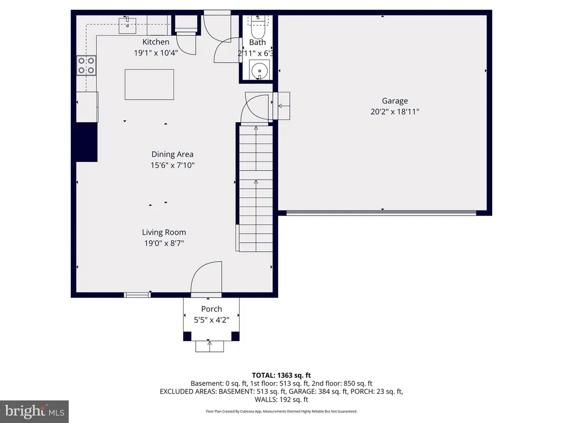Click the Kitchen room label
pyautogui.click(x=156, y=42)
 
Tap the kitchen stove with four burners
pyautogui.click(x=86, y=66)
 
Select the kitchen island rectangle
pyautogui.click(x=150, y=84)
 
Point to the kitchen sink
pyautogui.click(x=128, y=25)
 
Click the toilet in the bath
pyautogui.click(x=258, y=28)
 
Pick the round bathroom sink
pyautogui.click(x=260, y=70)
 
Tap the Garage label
pyautogui.click(x=395, y=101)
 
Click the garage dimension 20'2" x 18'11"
pyautogui.click(x=395, y=111)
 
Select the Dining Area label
pyautogui.click(x=172, y=154)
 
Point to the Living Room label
pyautogui.click(x=164, y=232)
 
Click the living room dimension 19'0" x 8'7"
pyautogui.click(x=164, y=243)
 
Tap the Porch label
pyautogui.click(x=212, y=309)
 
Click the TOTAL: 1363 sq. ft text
pyautogui.click(x=281, y=376)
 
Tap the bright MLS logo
pyautogui.click(x=35, y=411)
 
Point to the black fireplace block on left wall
pyautogui.click(x=86, y=142)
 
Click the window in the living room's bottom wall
pyautogui.click(x=137, y=295)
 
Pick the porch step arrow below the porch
pyautogui.click(x=209, y=346)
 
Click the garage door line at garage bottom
pyautogui.click(x=382, y=213)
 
